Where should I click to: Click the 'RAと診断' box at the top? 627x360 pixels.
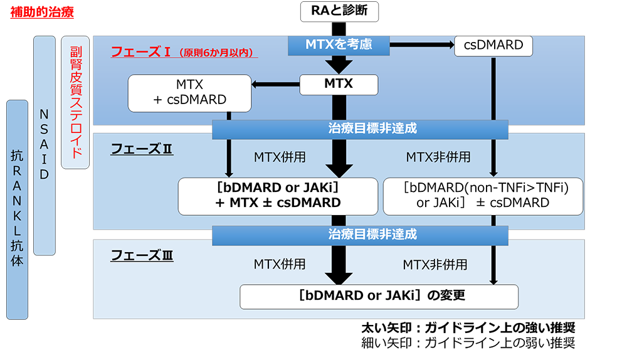[x=339, y=11]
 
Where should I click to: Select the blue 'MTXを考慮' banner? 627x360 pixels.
[x=339, y=45]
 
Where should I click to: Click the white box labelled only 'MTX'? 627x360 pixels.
[x=339, y=84]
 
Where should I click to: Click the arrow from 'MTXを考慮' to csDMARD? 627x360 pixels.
[x=421, y=45]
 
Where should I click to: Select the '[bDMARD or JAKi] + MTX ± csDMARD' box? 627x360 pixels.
[x=278, y=196]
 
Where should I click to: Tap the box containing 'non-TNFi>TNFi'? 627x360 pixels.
[x=483, y=196]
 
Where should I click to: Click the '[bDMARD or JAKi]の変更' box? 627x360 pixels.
[x=379, y=296]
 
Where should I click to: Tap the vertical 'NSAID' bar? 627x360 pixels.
[x=44, y=145]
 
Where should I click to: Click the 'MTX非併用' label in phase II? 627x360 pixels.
[x=438, y=157]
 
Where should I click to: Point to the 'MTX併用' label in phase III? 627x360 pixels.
[x=280, y=264]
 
